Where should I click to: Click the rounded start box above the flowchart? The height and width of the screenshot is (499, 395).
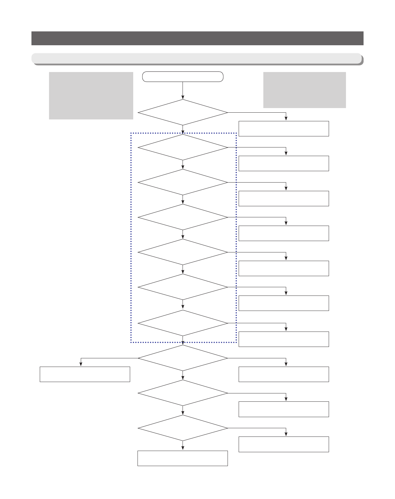[183, 77]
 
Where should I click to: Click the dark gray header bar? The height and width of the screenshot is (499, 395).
[197, 38]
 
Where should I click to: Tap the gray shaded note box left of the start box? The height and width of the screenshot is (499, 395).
[91, 95]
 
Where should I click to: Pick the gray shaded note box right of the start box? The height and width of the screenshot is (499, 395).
[304, 90]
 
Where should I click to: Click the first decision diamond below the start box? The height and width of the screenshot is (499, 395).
[183, 112]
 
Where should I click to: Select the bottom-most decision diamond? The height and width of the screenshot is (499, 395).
[183, 428]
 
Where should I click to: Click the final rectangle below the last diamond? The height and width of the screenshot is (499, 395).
[183, 458]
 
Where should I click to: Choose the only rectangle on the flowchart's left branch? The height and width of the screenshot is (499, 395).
[85, 374]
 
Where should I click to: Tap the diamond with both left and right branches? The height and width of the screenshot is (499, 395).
[183, 358]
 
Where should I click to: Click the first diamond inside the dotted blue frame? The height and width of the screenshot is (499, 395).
[183, 147]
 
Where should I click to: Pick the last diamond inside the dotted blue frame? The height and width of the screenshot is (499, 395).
[183, 323]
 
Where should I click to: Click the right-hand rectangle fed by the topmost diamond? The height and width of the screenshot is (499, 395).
[284, 129]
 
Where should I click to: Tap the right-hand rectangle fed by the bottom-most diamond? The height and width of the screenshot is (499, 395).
[284, 444]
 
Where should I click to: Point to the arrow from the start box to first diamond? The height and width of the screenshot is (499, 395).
[183, 91]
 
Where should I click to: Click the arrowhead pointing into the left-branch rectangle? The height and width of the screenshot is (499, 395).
[81, 364]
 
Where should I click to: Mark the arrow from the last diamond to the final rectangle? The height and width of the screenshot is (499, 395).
[183, 446]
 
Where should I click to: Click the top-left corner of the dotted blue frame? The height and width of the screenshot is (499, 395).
[131, 133]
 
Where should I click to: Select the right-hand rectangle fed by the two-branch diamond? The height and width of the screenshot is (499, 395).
[284, 374]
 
